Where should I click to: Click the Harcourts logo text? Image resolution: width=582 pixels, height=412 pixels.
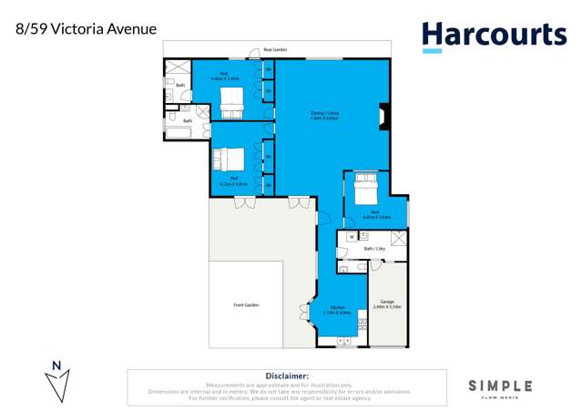(494, 35)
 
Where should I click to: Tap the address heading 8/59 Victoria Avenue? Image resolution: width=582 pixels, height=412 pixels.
(79, 29)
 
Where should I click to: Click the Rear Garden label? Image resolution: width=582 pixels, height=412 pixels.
(275, 49)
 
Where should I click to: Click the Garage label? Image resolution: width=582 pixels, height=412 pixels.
(387, 301)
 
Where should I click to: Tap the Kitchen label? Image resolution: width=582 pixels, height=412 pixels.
(337, 308)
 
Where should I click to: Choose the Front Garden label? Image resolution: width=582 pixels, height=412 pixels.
(247, 304)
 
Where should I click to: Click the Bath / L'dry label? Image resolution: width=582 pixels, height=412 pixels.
(374, 248)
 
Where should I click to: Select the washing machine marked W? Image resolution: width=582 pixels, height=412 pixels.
(351, 236)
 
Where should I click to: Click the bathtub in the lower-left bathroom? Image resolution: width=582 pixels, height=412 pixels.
(179, 132)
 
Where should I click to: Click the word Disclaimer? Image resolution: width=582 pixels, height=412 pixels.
(287, 375)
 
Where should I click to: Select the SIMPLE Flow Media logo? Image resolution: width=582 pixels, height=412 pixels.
(500, 388)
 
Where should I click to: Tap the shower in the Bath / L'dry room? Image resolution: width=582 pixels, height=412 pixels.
(398, 238)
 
